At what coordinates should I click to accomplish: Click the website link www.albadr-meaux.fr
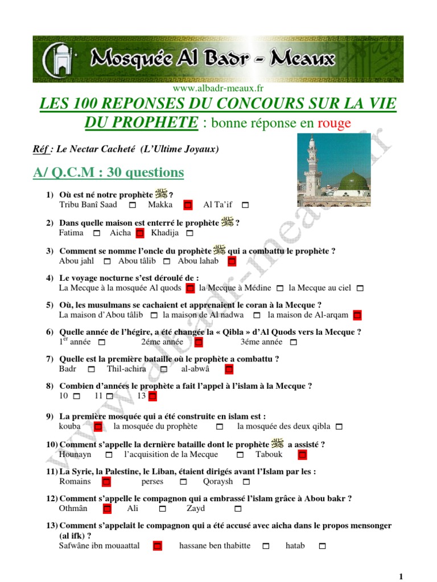coord(218,88)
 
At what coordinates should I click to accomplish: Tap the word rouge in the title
coord(334,123)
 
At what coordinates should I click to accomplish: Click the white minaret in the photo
coord(312,165)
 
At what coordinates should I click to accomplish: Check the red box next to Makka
coord(188,205)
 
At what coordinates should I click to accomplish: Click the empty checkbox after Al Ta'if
coord(245,205)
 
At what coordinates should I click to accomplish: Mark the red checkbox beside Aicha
coord(140,233)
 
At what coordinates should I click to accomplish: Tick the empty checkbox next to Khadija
coord(190,233)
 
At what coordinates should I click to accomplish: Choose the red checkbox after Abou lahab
coord(232,261)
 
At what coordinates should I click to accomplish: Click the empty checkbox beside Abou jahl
coord(107,261)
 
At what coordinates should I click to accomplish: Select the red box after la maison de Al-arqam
coord(357,315)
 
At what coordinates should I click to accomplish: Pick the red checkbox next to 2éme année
coord(198,342)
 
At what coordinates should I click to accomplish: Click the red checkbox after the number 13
coord(152,396)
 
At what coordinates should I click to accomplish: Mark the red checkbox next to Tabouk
coord(302,455)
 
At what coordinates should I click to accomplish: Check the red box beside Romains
coord(106,482)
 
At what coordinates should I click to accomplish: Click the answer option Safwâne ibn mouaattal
coord(99,546)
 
